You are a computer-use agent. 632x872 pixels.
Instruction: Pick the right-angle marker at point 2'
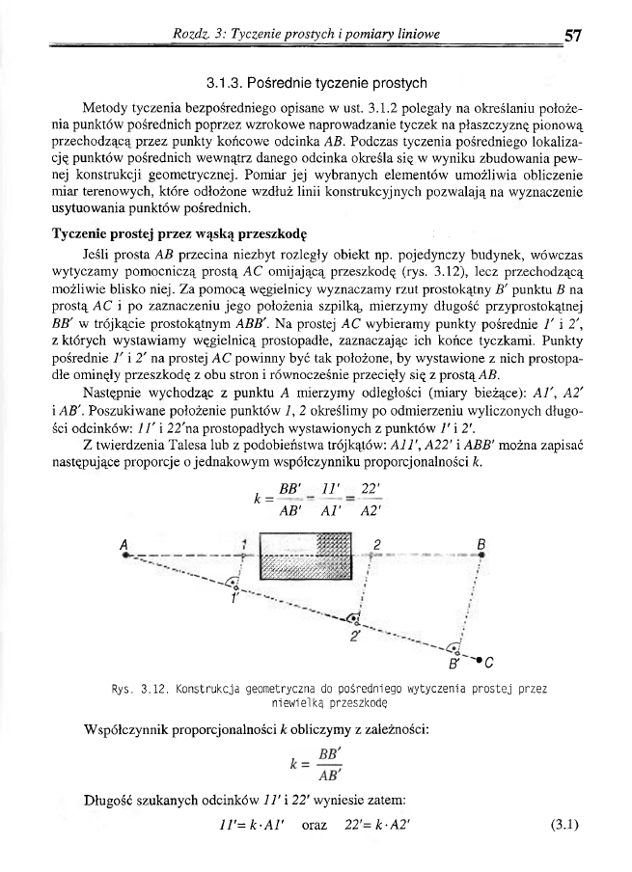[353, 617]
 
